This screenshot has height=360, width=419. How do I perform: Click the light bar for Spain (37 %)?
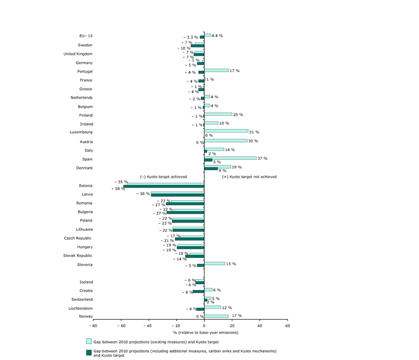(x=230, y=158)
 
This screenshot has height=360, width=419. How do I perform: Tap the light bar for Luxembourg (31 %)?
(x=226, y=131)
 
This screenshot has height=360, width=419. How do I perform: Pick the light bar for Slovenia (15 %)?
(x=214, y=263)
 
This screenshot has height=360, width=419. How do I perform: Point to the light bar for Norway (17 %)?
(x=216, y=316)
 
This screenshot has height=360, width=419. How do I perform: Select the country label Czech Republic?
(x=78, y=238)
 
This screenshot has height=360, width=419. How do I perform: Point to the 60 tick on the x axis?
(x=288, y=326)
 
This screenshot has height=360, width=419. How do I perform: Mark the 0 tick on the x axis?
(x=204, y=326)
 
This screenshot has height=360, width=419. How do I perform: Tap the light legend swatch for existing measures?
(x=88, y=340)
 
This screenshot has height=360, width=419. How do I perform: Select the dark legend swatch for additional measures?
(x=88, y=351)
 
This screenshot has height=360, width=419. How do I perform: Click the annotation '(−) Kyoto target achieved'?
(x=164, y=177)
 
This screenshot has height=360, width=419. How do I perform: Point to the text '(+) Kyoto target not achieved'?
(x=249, y=177)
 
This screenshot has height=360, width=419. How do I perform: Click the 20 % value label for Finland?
(x=237, y=115)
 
